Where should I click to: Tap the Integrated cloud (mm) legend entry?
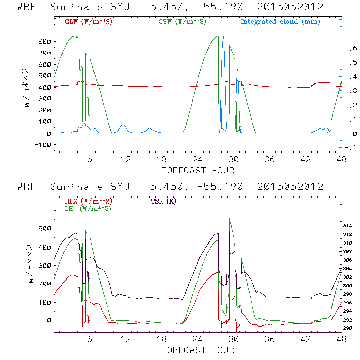[280, 22]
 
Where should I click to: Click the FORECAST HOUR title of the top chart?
[198, 170]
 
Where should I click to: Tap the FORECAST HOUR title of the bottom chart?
[198, 350]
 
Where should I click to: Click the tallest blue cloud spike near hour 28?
[223, 37]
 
